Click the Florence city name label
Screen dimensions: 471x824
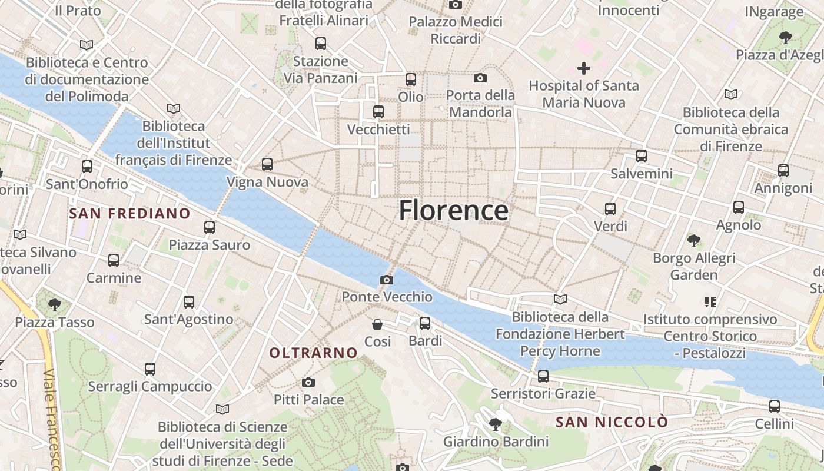(453, 210)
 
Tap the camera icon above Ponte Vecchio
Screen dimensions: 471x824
(387, 280)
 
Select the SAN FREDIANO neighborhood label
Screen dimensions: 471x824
(129, 213)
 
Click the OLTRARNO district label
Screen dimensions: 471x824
(313, 353)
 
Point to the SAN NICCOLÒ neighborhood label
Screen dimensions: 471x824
(612, 422)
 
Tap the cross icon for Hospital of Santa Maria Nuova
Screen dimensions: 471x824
(583, 68)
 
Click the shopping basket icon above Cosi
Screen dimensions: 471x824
(377, 324)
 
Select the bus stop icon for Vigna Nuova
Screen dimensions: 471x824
(267, 164)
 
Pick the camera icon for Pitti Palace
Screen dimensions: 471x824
(308, 383)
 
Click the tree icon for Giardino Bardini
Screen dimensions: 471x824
(496, 424)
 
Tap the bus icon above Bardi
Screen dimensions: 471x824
(425, 323)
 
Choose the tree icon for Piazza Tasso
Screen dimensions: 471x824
(55, 305)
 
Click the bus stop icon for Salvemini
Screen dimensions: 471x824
(642, 156)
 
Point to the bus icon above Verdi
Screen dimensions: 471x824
(610, 208)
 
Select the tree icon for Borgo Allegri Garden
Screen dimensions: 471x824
(694, 240)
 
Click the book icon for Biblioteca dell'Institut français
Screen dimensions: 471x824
(173, 108)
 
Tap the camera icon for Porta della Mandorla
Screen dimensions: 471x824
(480, 78)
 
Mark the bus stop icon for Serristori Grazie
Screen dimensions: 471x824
(543, 376)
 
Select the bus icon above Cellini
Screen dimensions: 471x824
(775, 406)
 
